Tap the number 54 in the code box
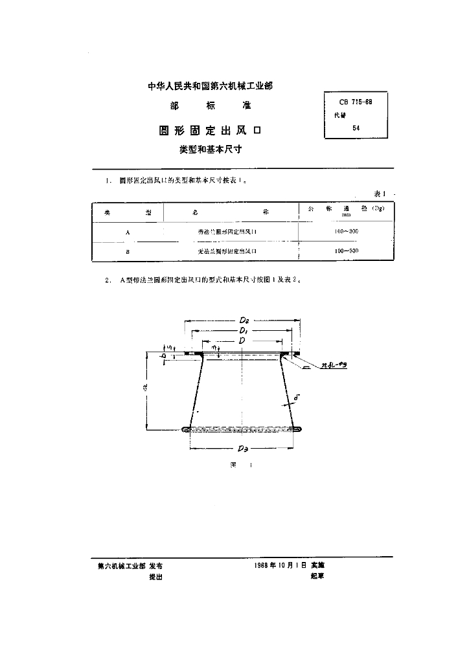pos(356,128)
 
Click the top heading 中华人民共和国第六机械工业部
pos(211,86)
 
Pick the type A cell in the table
pos(127,231)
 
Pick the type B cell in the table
pos(127,251)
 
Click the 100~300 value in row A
pos(347,231)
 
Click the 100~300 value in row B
pos(347,251)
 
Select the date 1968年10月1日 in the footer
pos(282,565)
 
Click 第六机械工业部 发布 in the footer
pos(130,565)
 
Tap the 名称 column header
pos(230,212)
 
